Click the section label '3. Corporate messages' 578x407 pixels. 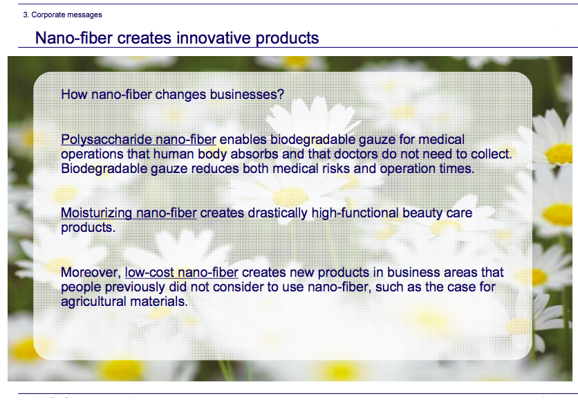(62, 15)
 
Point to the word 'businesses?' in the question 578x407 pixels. (247, 94)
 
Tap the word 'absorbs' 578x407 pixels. (254, 154)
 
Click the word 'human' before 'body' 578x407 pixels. (174, 154)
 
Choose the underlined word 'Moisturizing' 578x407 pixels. (96, 213)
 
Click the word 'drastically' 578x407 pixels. (277, 213)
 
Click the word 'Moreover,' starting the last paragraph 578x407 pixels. (91, 272)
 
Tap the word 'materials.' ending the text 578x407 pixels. (159, 302)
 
